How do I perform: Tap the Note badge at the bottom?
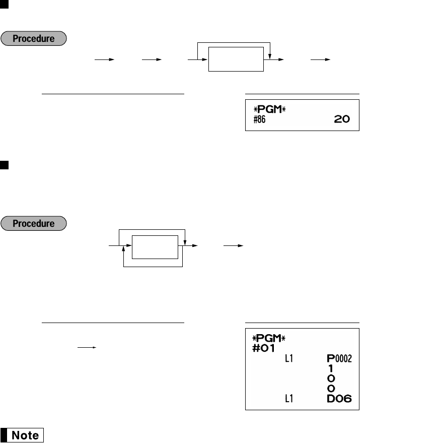[23, 435]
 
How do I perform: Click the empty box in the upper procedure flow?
[236, 59]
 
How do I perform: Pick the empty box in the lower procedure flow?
[155, 246]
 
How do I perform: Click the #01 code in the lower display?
[262, 348]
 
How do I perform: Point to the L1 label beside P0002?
[289, 359]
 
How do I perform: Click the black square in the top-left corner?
[3, 5]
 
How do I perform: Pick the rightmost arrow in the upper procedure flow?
[321, 59]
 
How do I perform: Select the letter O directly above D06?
[331, 388]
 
